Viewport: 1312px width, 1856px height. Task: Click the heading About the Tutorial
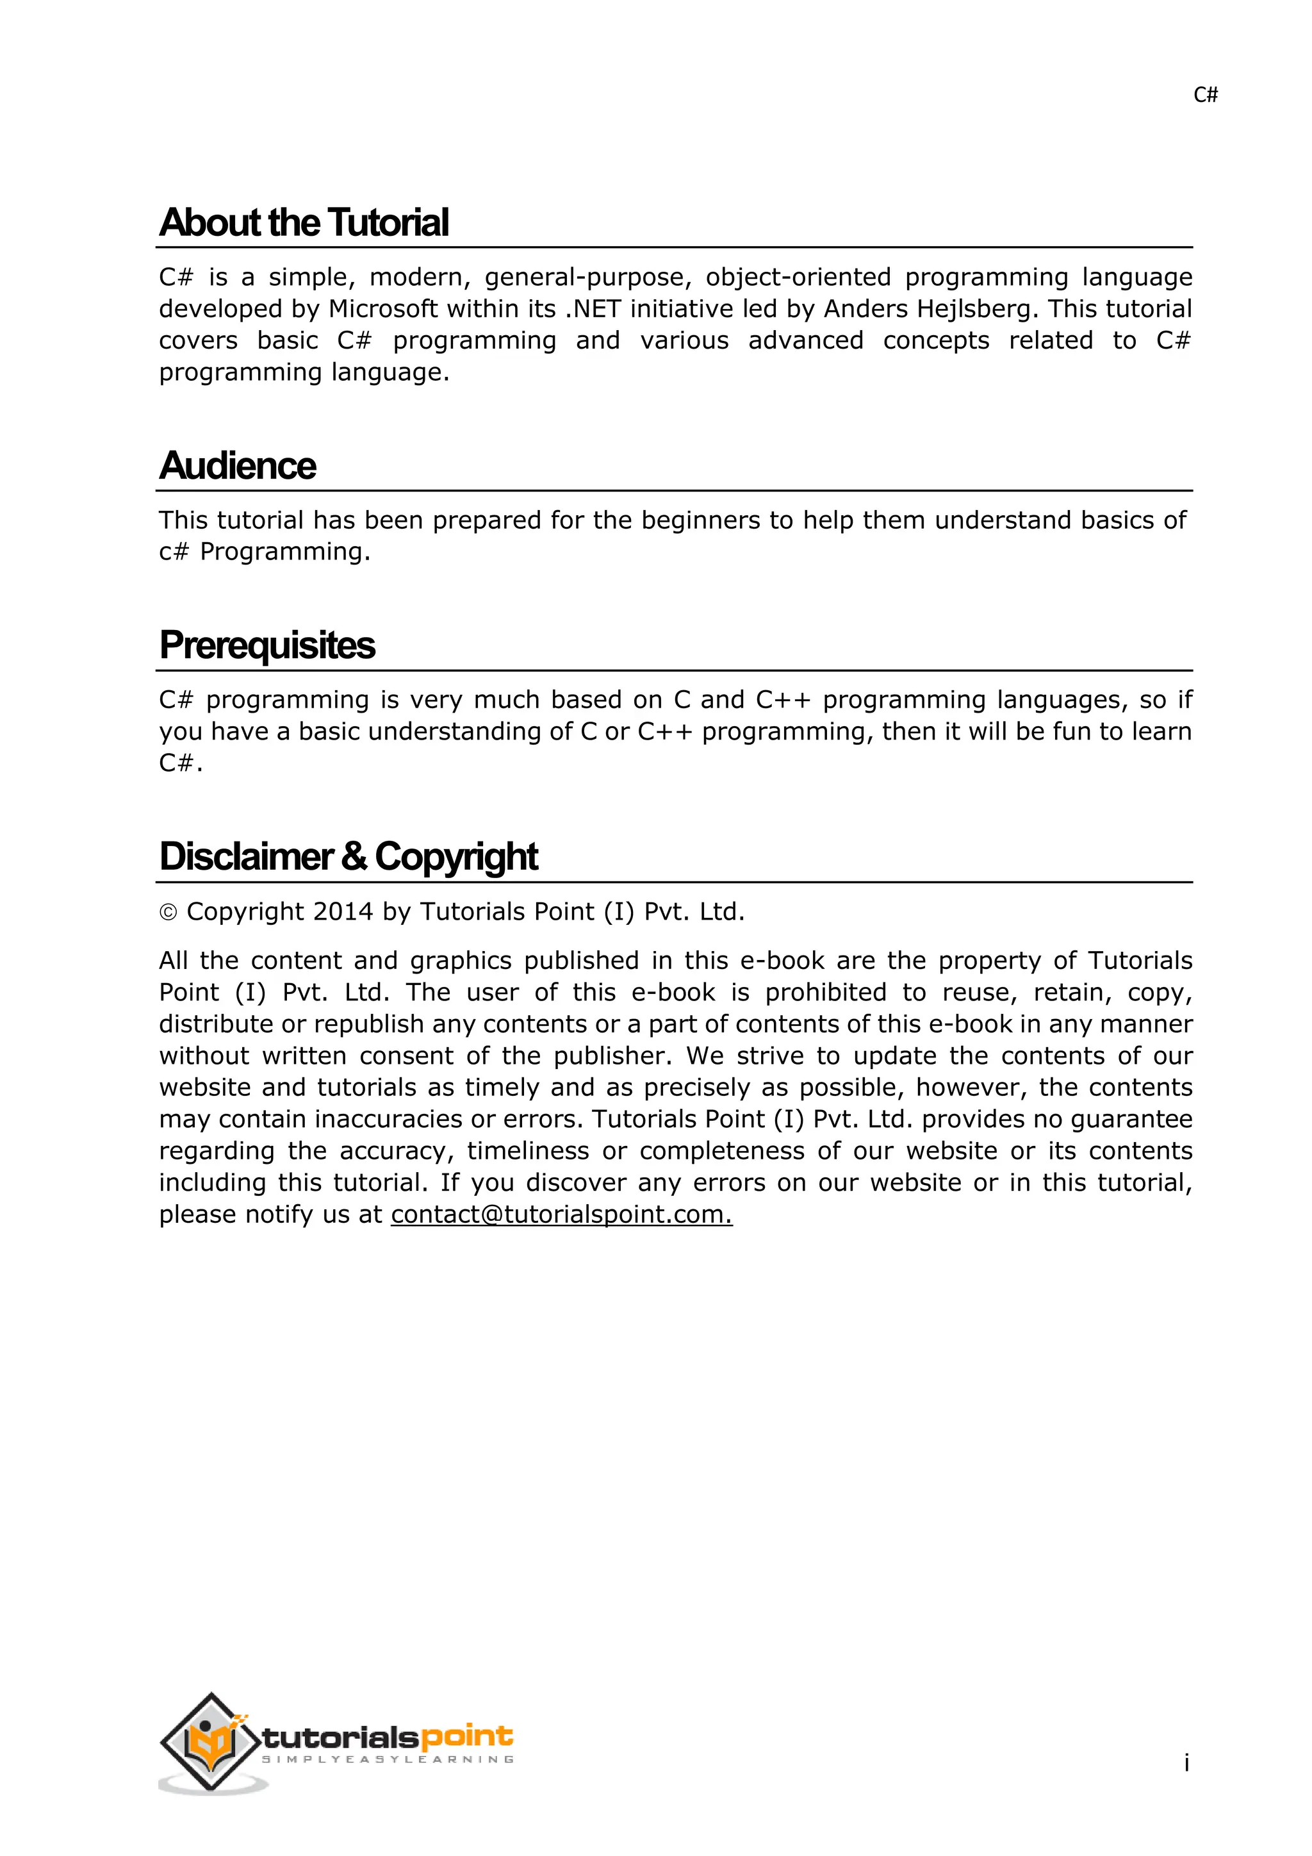coord(304,223)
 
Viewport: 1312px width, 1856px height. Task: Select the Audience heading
coord(238,467)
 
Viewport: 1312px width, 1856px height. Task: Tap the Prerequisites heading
coord(267,646)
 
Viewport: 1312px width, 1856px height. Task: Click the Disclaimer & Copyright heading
coord(348,857)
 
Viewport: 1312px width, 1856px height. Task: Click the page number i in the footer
coord(1186,1762)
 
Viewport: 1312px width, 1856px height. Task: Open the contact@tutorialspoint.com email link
coord(561,1214)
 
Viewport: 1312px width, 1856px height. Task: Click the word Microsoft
coord(382,309)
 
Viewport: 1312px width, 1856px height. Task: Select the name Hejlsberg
coord(975,309)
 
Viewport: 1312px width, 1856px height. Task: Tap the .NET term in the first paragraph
coord(593,309)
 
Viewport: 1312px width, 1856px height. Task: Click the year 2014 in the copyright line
coord(343,912)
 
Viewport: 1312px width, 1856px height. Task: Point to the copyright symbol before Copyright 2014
coord(168,913)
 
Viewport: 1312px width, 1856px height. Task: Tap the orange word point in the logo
coord(467,1736)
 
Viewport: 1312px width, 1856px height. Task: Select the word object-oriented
coord(798,278)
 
